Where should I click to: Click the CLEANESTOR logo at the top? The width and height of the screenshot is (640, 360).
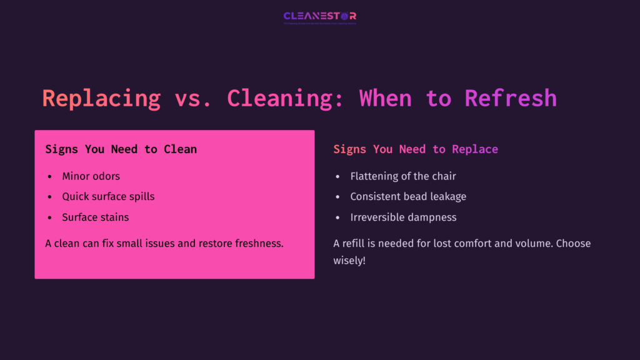[319, 17]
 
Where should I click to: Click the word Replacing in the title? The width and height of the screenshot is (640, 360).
[101, 98]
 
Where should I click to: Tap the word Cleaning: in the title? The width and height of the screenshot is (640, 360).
[286, 98]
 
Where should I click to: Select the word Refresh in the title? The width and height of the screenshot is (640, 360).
[511, 98]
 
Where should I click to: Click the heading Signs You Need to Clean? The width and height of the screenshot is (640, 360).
[121, 149]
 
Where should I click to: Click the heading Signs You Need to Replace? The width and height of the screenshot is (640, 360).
[416, 149]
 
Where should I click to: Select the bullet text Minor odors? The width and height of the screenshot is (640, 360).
[91, 176]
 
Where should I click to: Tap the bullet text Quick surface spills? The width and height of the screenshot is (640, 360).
[108, 196]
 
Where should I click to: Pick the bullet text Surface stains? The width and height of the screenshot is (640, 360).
[96, 217]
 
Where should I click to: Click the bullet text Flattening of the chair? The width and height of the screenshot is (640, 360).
[403, 176]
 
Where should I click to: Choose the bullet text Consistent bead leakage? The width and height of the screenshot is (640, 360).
[408, 196]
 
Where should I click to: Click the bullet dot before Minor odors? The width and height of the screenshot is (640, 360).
[50, 177]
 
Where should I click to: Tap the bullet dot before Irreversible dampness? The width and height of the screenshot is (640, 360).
[338, 217]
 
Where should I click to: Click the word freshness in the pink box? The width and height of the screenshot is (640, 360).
[259, 243]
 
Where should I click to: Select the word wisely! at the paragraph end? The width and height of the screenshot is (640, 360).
[349, 260]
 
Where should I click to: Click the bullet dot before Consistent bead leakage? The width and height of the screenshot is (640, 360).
[338, 197]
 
